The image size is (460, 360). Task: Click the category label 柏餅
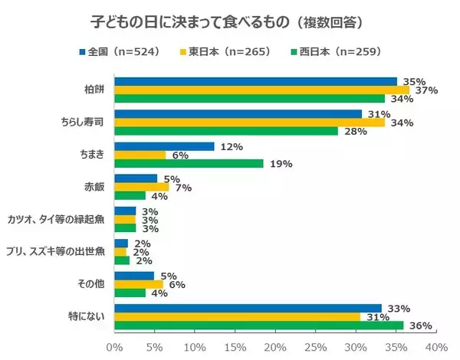[x=97, y=90]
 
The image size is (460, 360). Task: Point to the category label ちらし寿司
[x=83, y=122]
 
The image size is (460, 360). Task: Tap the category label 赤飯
[x=97, y=186]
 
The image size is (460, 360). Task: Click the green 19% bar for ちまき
[x=189, y=163]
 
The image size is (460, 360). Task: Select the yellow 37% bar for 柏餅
[x=262, y=90]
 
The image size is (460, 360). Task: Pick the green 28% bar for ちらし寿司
[x=226, y=131]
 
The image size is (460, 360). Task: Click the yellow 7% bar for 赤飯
[x=141, y=186]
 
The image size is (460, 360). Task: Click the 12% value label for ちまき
[x=231, y=146]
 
